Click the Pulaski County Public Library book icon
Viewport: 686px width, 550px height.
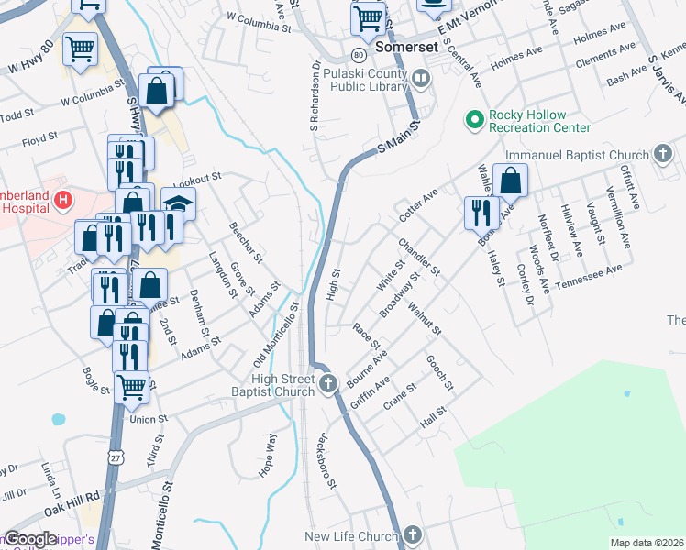[421, 80]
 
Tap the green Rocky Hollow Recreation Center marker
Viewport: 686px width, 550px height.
[475, 120]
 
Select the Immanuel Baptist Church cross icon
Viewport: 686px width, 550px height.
[664, 155]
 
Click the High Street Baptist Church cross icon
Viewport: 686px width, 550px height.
[329, 383]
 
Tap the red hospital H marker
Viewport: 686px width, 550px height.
[63, 199]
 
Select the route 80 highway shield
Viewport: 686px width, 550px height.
[358, 53]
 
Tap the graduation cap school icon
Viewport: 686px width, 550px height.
[178, 204]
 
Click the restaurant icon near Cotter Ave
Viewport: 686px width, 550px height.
[481, 213]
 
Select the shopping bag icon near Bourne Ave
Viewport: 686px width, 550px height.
[511, 181]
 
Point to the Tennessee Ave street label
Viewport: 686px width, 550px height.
[589, 274]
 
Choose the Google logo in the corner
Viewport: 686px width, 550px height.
[31, 539]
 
